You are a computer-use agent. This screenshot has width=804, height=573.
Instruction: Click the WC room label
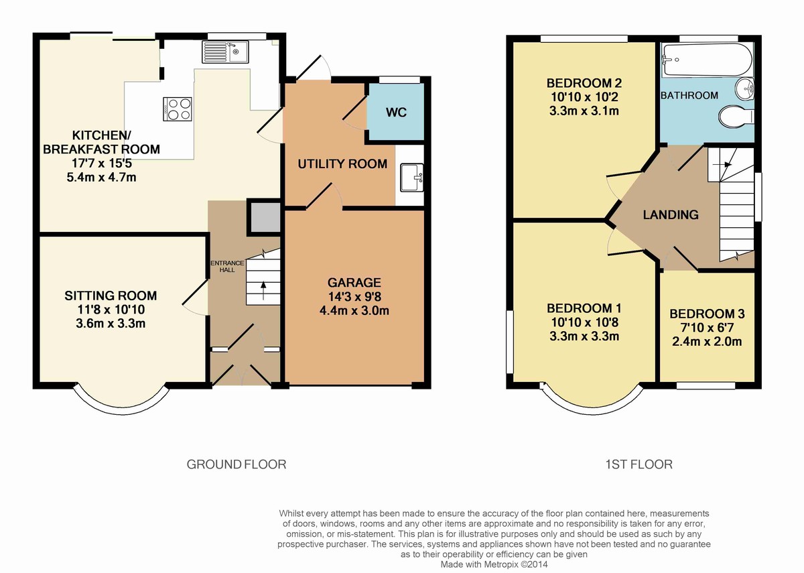(x=396, y=113)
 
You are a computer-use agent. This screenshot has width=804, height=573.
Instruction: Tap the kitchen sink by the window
(x=225, y=52)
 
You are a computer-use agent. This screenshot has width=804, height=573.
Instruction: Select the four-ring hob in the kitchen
(x=178, y=109)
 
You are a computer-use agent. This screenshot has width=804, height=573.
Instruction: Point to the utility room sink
(x=412, y=178)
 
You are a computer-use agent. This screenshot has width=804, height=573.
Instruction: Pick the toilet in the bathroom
(x=736, y=117)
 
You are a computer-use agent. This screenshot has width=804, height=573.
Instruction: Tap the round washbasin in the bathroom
(x=745, y=88)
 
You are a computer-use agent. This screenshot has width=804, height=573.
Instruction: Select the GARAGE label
(x=354, y=283)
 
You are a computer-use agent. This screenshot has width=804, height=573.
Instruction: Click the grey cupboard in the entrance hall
(x=265, y=217)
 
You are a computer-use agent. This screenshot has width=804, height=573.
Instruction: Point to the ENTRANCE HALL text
(x=227, y=267)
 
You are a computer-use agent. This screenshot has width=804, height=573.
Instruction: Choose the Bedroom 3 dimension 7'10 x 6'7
(x=707, y=328)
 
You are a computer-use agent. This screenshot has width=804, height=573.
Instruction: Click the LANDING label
(x=671, y=214)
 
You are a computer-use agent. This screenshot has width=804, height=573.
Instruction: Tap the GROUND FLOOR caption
(x=237, y=464)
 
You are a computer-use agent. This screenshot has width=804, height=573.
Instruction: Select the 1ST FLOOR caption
(x=639, y=464)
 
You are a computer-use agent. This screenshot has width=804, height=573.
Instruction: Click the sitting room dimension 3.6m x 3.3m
(x=111, y=324)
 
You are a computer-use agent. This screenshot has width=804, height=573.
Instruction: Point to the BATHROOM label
(x=689, y=95)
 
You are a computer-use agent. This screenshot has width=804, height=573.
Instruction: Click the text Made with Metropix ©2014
(x=494, y=564)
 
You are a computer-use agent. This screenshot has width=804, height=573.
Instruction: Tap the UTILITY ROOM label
(x=342, y=164)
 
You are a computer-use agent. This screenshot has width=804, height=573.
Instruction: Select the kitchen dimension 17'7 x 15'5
(x=102, y=164)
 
